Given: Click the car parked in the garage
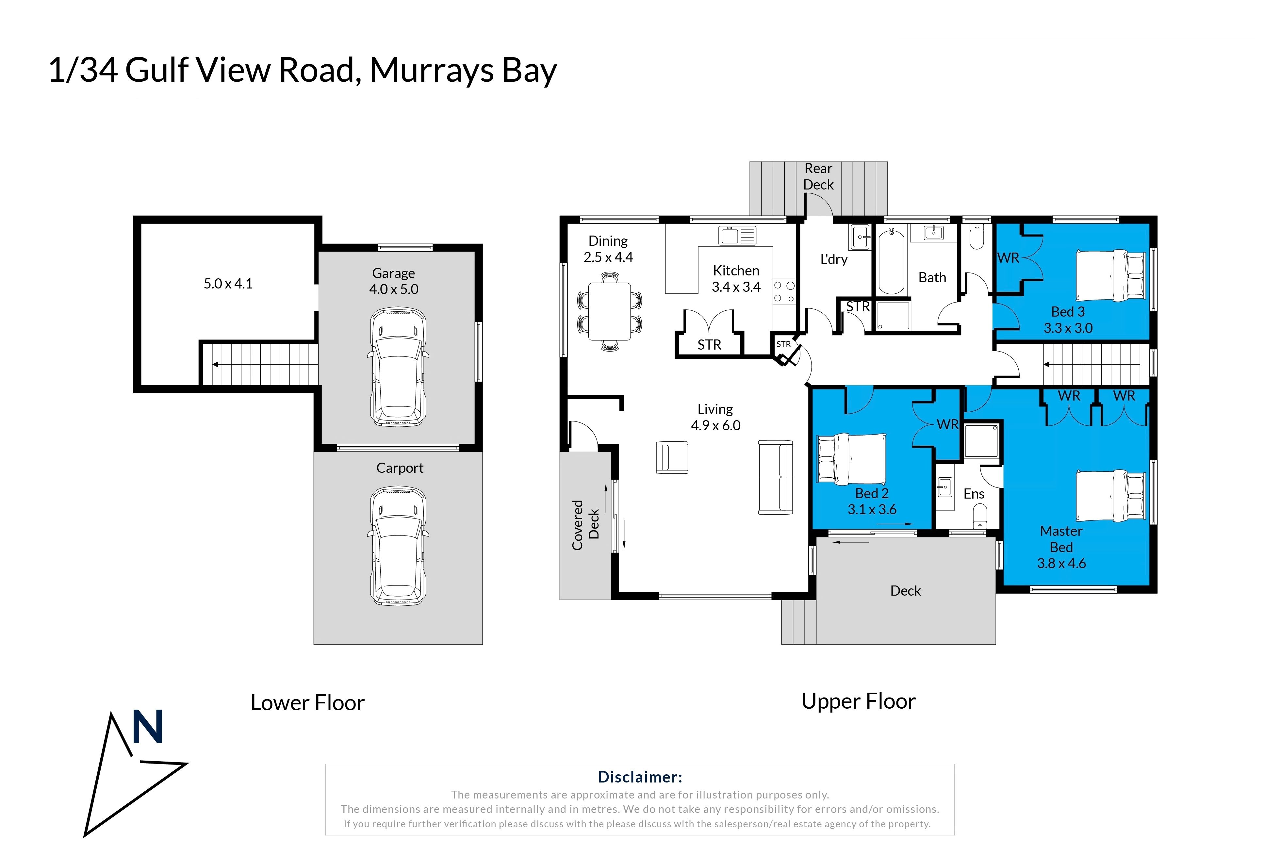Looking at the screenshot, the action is pyautogui.click(x=398, y=367).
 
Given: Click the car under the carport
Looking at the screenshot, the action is pyautogui.click(x=398, y=546).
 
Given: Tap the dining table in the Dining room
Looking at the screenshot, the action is pyautogui.click(x=609, y=311).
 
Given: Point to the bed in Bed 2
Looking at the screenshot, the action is pyautogui.click(x=851, y=459).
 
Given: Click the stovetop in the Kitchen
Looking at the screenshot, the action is pyautogui.click(x=784, y=291).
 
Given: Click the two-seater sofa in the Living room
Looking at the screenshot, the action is pyautogui.click(x=775, y=477).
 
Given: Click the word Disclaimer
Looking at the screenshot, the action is pyautogui.click(x=640, y=777).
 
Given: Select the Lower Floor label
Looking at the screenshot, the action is pyautogui.click(x=307, y=702).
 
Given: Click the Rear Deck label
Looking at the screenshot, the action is pyautogui.click(x=818, y=176).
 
